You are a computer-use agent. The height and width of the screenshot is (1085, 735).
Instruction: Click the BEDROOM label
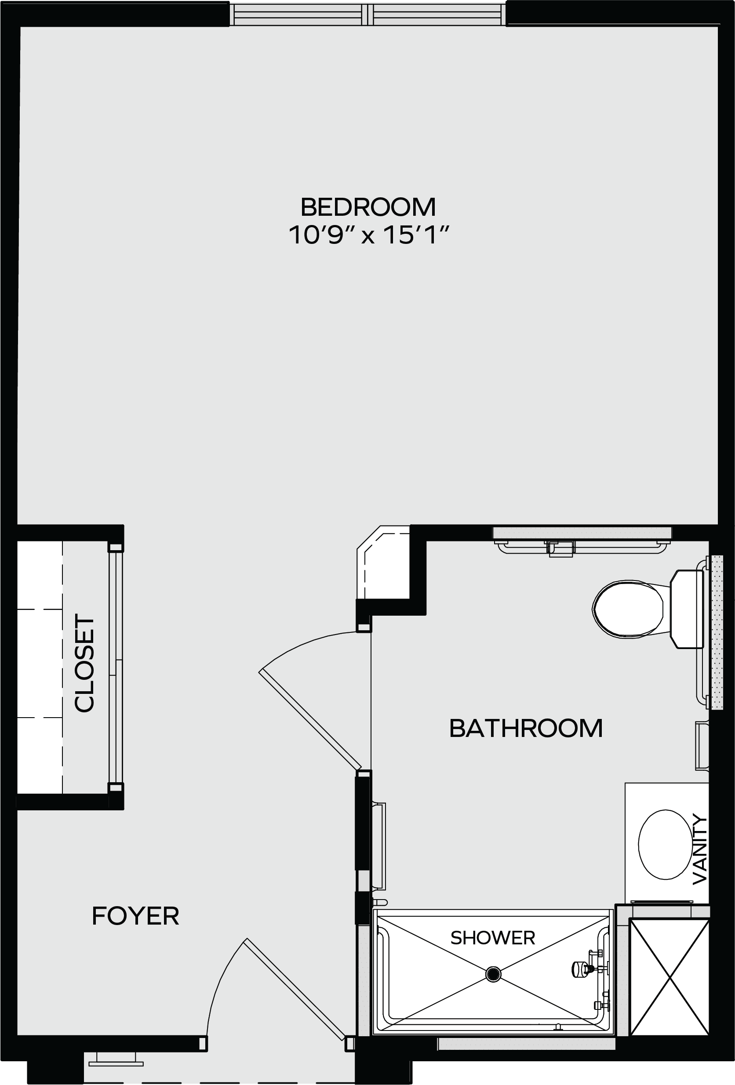[x=368, y=207]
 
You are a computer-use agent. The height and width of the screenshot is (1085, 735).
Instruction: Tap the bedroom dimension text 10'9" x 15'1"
[x=368, y=235]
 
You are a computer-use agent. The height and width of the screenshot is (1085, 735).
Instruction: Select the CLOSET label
[x=84, y=663]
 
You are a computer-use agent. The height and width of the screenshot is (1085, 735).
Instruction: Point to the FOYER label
[x=135, y=916]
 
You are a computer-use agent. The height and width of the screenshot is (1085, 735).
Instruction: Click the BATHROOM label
[x=526, y=728]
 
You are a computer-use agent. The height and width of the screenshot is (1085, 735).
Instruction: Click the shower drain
[x=493, y=974]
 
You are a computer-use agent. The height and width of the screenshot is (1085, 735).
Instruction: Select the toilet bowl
[x=628, y=609]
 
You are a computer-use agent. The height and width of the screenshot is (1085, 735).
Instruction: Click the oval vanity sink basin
[x=665, y=845]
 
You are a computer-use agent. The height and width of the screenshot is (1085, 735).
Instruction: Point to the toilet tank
[x=687, y=609]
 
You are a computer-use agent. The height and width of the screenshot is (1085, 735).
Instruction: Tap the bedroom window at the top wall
[x=368, y=14]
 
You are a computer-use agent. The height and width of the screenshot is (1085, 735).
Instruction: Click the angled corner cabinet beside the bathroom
[x=383, y=562]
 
